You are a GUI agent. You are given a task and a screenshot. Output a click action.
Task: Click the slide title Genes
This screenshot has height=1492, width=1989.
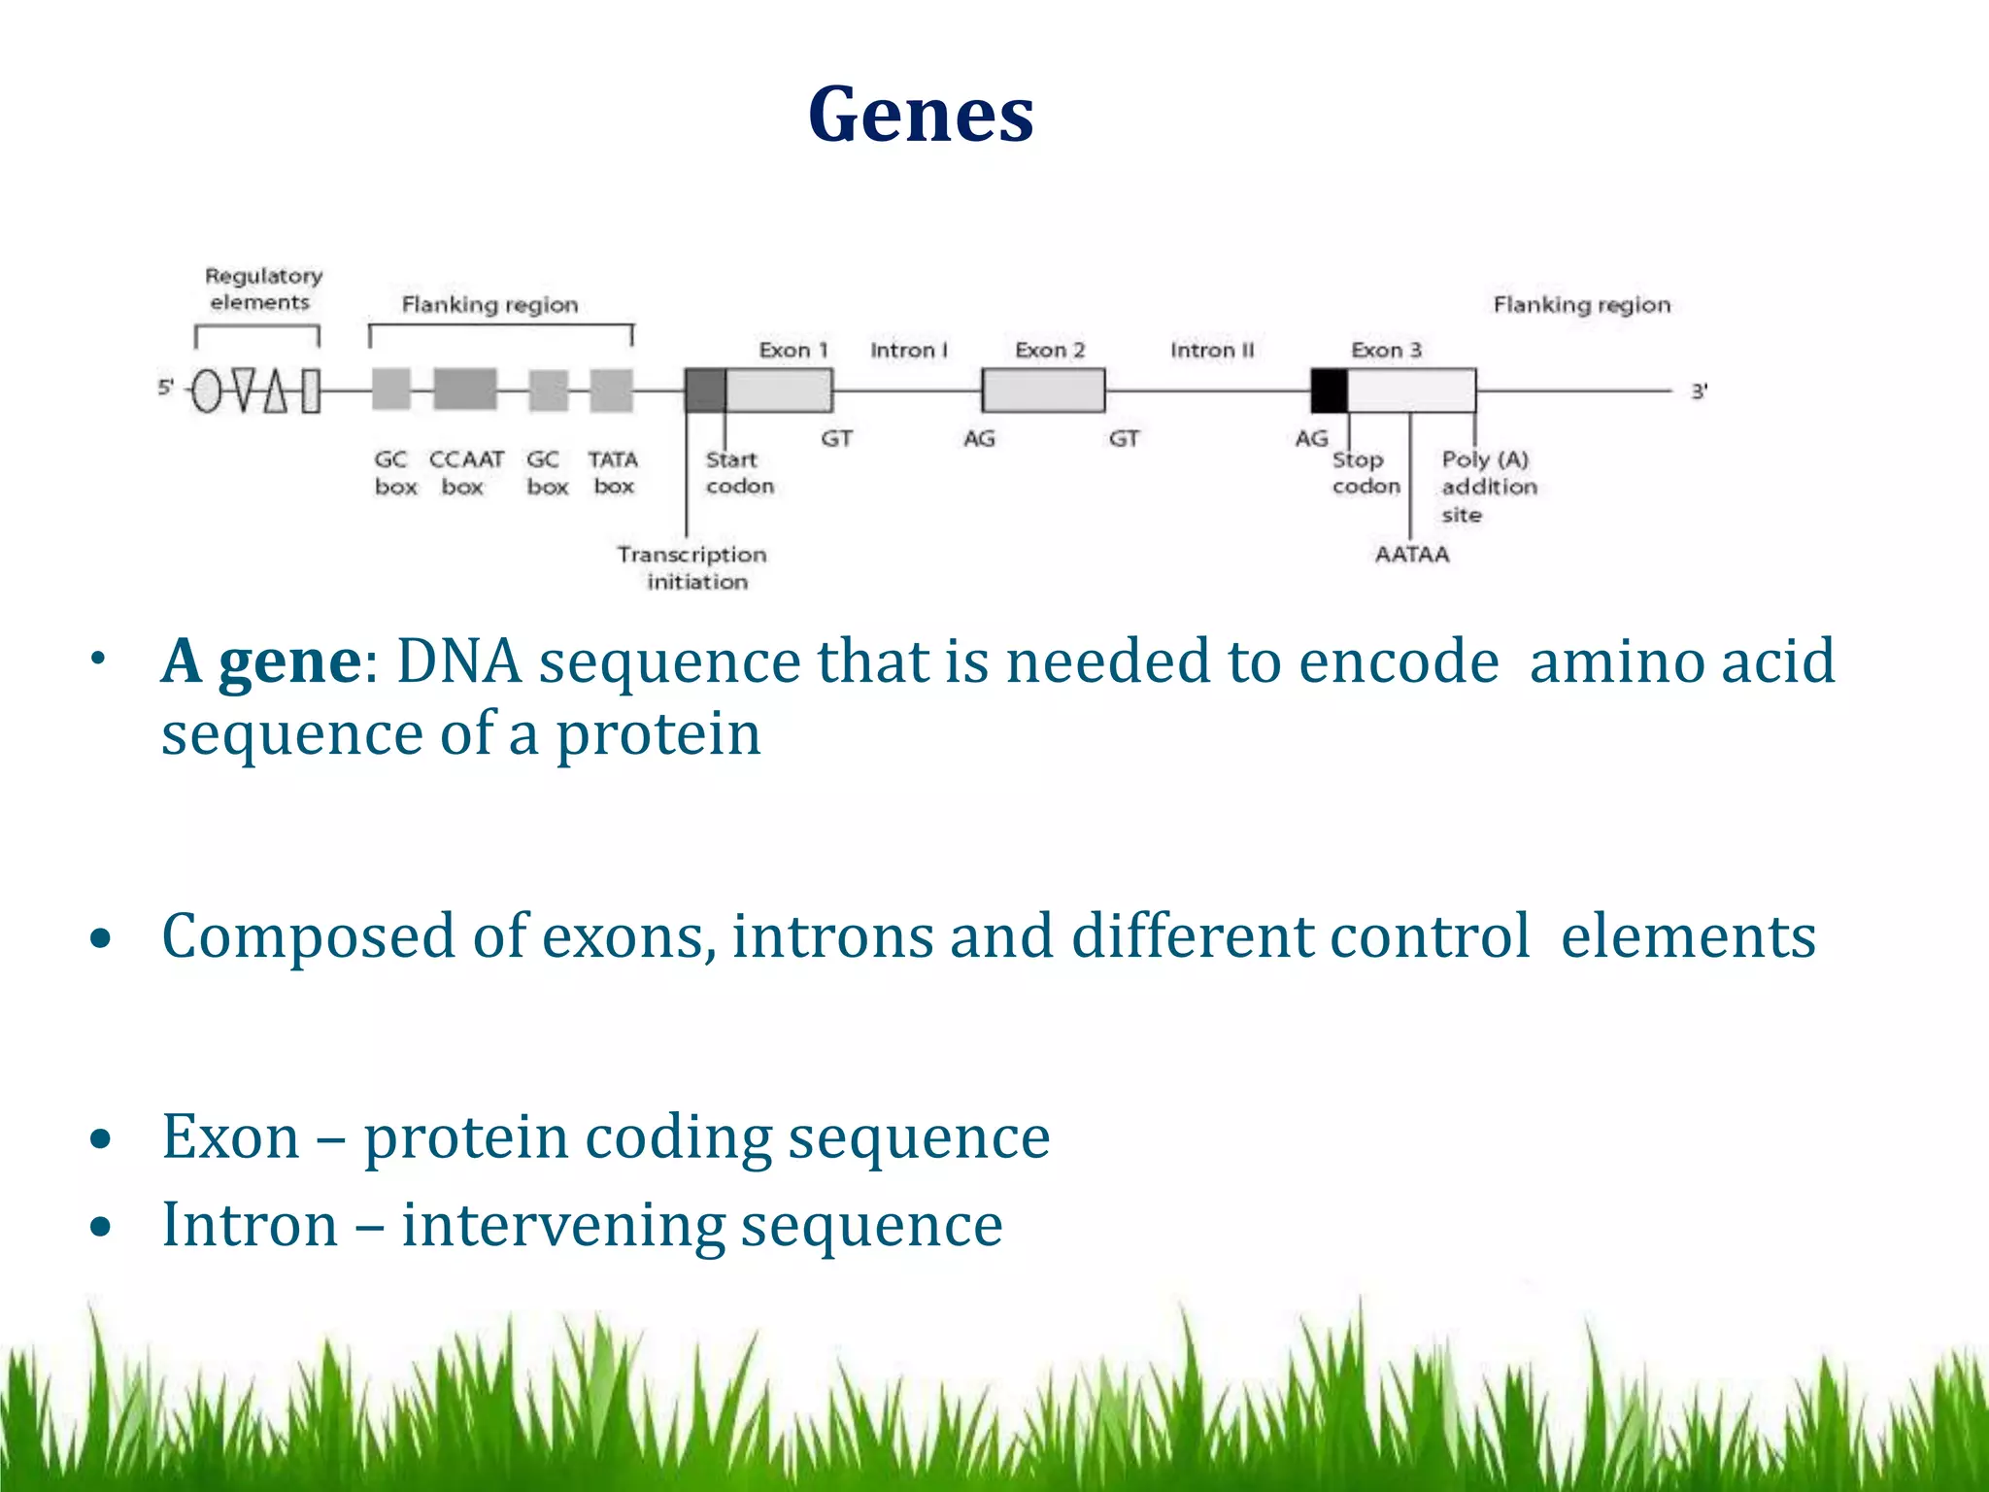tap(921, 115)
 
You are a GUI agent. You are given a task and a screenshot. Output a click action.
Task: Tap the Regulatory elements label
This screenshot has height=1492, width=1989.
tap(262, 288)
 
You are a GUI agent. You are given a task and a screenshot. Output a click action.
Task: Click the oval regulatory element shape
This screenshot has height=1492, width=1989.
tap(206, 391)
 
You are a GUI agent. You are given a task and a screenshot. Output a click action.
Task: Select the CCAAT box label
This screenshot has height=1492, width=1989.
tap(465, 472)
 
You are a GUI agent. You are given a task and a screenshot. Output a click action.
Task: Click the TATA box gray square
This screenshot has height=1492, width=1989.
tap(612, 390)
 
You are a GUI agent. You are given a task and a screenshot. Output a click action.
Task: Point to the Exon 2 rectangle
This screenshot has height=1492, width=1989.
tap(1043, 390)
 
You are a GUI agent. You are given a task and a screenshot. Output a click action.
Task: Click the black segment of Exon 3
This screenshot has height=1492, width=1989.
tap(1329, 390)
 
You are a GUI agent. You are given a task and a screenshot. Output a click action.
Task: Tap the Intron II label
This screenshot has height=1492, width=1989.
tap(1211, 350)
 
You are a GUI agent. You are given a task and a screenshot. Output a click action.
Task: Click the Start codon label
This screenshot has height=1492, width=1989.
tap(739, 472)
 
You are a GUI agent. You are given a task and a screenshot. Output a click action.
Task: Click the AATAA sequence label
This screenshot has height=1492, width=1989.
tap(1411, 554)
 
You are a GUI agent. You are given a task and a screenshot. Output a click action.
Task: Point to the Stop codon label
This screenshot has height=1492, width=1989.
tap(1365, 472)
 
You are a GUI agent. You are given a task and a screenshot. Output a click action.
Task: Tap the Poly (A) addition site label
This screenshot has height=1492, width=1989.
tap(1489, 486)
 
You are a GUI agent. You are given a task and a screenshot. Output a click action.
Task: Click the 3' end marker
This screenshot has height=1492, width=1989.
tap(1699, 391)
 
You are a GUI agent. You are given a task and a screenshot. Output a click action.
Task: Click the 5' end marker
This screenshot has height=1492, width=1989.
tap(165, 388)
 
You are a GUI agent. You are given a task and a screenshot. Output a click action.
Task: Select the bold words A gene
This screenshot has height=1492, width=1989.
tap(260, 662)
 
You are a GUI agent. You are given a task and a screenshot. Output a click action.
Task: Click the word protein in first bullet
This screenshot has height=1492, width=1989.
tap(657, 734)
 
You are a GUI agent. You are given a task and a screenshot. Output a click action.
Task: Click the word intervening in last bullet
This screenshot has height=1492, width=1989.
tap(562, 1225)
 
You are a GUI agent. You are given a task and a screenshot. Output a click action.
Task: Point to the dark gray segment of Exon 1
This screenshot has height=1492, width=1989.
tap(705, 390)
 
